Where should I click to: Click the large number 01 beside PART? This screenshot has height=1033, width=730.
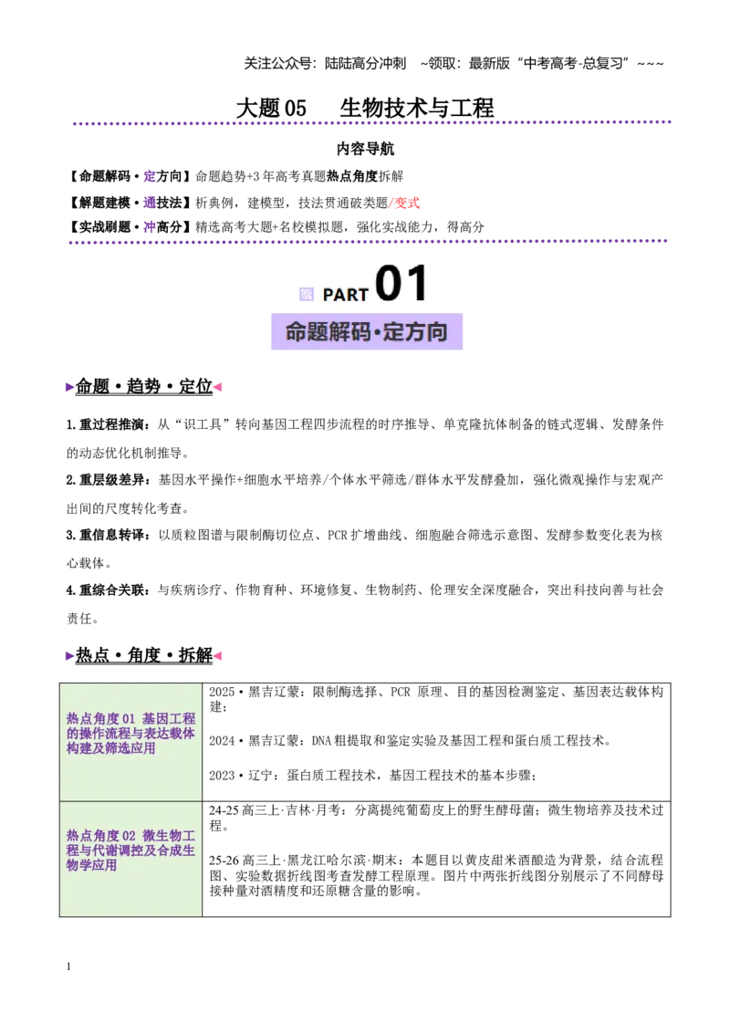pos(401,283)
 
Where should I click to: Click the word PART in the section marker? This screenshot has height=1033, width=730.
pos(345,295)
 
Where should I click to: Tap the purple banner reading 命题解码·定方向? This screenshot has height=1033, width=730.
pos(366,331)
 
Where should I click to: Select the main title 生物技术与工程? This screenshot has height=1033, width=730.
pos(417,108)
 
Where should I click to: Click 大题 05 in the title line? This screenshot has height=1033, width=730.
pos(271,108)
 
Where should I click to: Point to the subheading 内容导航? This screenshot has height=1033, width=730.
pos(365,149)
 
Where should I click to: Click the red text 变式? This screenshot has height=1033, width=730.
pos(406,203)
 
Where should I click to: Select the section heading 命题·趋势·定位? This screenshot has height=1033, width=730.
pos(144,386)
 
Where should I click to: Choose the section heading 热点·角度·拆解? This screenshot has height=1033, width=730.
pos(144,655)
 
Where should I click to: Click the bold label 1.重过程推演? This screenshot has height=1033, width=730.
pos(108,425)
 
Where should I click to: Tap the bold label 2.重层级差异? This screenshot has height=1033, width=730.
pos(108,480)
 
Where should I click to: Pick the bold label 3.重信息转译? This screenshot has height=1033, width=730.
pos(108,535)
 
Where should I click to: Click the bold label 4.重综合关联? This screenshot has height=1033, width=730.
pos(108,590)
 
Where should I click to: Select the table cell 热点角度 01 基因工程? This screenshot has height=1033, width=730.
pos(131,734)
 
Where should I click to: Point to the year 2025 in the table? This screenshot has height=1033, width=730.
pos(222,692)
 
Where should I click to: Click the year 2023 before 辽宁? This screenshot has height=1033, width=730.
pos(222,776)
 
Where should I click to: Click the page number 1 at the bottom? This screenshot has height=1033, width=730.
pos(68,966)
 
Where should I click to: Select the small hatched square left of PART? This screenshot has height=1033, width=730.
pos(307,294)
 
